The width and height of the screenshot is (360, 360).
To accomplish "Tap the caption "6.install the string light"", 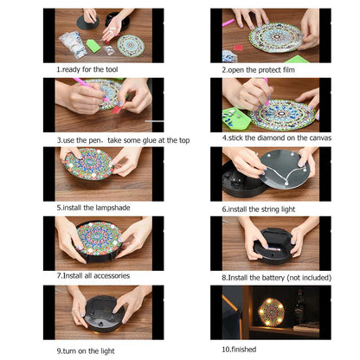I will coord(261,208).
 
